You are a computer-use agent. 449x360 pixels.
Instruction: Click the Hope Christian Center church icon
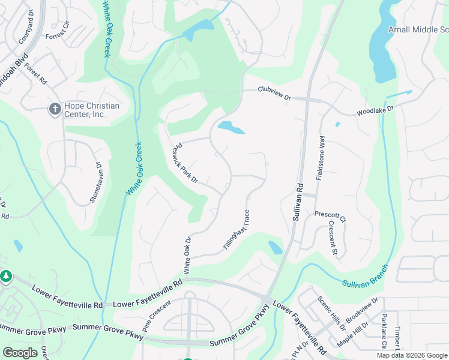point(54,109)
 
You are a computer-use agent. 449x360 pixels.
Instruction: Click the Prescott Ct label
point(330,216)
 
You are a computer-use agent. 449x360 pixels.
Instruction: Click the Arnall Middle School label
point(418,29)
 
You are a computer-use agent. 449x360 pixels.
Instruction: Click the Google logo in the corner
point(20,353)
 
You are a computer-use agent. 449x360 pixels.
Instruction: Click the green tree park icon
point(6,277)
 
